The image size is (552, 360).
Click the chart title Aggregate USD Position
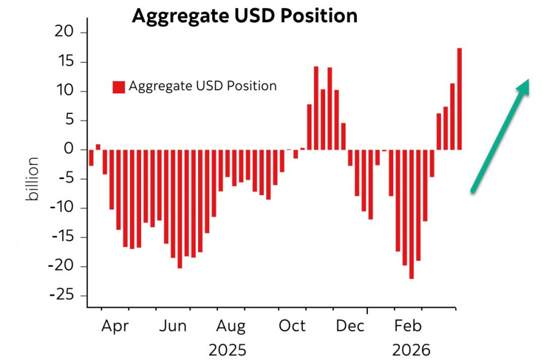pyautogui.click(x=244, y=16)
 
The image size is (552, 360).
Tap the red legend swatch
pyautogui.click(x=119, y=86)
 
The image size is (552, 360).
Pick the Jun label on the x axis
pyautogui.click(x=174, y=326)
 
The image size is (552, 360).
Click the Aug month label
pyautogui.click(x=231, y=326)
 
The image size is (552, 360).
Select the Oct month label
pyautogui.click(x=292, y=326)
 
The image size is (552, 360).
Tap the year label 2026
pyautogui.click(x=412, y=350)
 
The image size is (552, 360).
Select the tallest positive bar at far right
pyautogui.click(x=459, y=99)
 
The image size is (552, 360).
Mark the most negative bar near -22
pyautogui.click(x=412, y=214)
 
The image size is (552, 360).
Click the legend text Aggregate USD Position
pyautogui.click(x=202, y=86)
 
